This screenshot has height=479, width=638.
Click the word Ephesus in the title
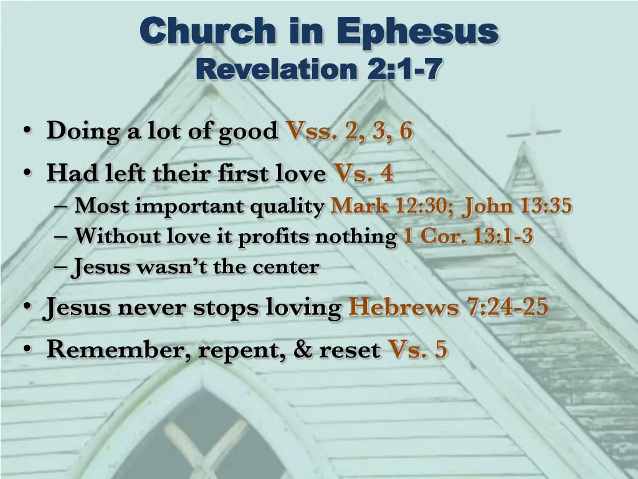pyautogui.click(x=417, y=31)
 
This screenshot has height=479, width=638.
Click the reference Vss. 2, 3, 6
pyautogui.click(x=349, y=132)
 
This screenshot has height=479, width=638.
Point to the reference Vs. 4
pyautogui.click(x=364, y=173)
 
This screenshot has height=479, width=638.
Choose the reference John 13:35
pyautogui.click(x=517, y=205)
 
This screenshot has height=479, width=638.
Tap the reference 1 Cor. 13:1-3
pyautogui.click(x=468, y=236)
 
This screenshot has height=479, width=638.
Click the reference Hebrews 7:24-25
pyautogui.click(x=449, y=307)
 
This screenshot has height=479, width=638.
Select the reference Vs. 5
pyautogui.click(x=417, y=350)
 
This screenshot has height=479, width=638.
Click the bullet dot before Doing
pyautogui.click(x=27, y=132)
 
